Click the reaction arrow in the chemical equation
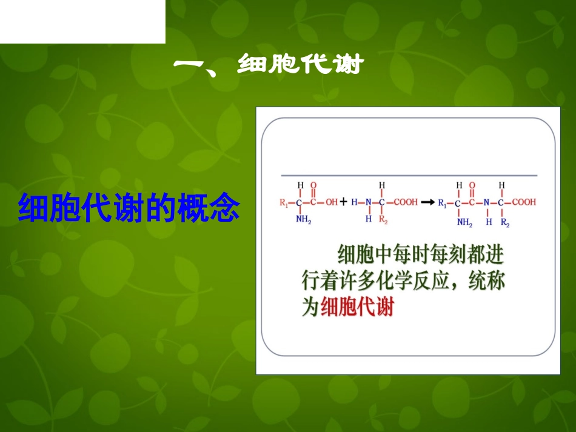[x=427, y=202]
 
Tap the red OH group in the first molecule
[x=332, y=202]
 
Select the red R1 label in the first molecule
[x=284, y=202]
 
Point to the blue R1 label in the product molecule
[x=443, y=202]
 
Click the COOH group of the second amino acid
[x=406, y=202]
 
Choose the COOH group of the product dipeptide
[x=524, y=202]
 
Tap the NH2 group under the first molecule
[x=303, y=221]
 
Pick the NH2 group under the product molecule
[x=464, y=222]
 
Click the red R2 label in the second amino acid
[x=383, y=221]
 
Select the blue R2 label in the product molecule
[x=504, y=222]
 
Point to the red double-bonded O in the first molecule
[x=313, y=185]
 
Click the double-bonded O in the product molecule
[x=472, y=185]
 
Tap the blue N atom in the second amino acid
[x=368, y=202]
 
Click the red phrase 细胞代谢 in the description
[x=357, y=307]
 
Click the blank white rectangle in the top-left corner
[x=82, y=21]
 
